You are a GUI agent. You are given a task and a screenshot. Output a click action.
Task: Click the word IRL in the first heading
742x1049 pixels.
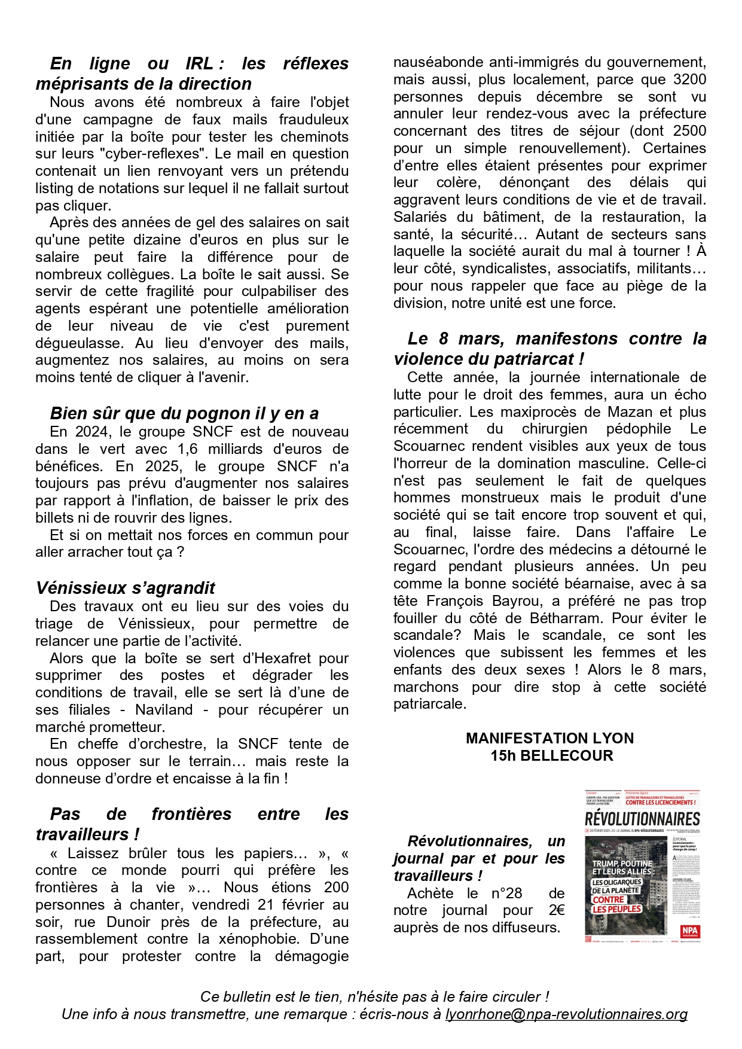tap(199, 64)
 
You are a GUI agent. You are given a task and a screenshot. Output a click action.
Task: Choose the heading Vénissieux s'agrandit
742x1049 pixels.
tap(125, 588)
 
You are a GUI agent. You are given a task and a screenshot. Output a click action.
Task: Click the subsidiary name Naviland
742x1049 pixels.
tap(164, 710)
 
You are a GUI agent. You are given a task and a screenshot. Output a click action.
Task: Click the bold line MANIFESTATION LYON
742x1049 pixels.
tap(549, 739)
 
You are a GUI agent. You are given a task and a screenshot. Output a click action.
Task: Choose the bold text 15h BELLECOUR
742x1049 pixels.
tap(551, 756)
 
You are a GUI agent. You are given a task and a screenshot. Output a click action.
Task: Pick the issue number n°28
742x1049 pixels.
tap(506, 894)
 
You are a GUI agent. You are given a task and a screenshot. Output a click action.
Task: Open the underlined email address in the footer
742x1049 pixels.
tap(566, 1014)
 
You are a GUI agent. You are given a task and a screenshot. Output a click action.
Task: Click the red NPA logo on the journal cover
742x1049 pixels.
tap(689, 931)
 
